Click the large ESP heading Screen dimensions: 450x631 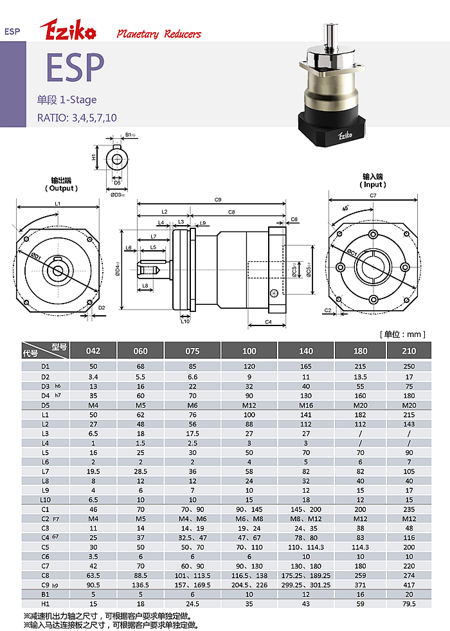pos(75,68)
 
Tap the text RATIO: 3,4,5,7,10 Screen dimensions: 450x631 pos(76,118)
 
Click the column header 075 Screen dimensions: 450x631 pos(192,351)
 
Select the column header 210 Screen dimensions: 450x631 pos(409,351)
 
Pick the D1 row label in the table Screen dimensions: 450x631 pos(46,367)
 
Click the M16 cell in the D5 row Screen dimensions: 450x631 pos(306,405)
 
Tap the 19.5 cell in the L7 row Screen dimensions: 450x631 pos(93,471)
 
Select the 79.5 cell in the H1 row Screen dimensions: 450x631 pos(409,603)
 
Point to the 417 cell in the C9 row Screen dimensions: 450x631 pos(409,585)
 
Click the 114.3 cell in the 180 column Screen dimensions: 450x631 pos(361,547)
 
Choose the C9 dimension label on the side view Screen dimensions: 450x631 pos(218,199)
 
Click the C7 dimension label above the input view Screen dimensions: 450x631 pos(373,196)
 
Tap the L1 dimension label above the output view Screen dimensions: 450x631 pos(57,204)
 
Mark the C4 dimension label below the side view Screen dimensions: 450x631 pos(268,322)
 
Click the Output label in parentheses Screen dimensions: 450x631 pos(62,188)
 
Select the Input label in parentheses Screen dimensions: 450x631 pos(373,185)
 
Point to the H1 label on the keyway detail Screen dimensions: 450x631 pos(94,156)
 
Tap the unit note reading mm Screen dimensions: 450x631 pos(402,334)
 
